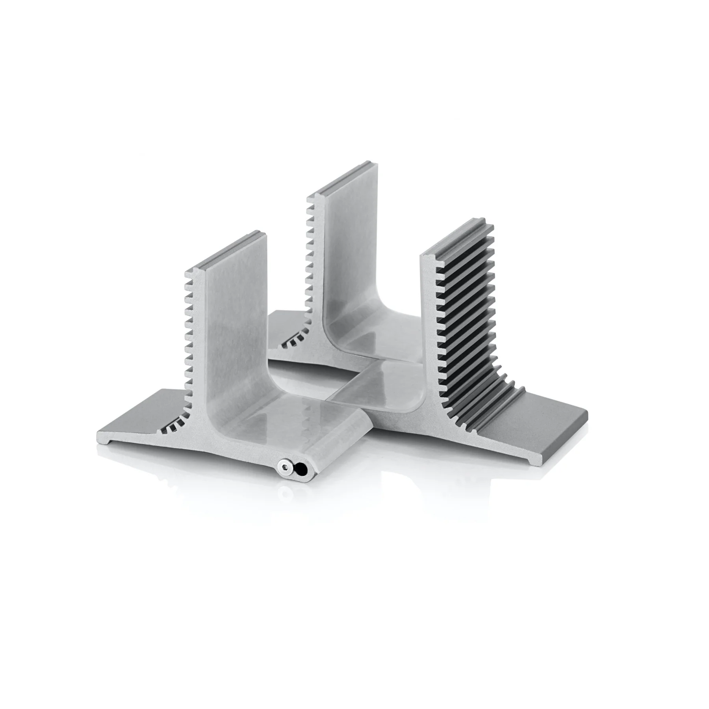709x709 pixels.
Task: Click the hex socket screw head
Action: [x=283, y=467]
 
